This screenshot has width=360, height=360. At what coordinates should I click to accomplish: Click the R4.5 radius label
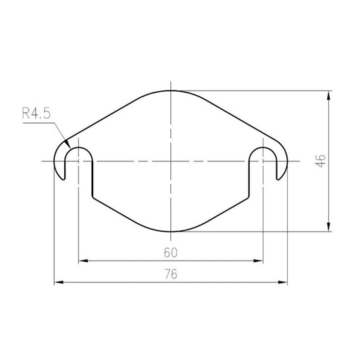pyautogui.click(x=36, y=113)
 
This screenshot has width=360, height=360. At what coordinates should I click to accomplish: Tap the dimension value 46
pyautogui.click(x=320, y=161)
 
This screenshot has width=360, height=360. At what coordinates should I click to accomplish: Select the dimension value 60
pyautogui.click(x=171, y=253)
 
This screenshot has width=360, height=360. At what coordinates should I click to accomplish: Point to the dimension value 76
pyautogui.click(x=171, y=274)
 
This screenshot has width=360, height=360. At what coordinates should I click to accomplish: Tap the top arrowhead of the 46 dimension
pyautogui.click(x=329, y=95)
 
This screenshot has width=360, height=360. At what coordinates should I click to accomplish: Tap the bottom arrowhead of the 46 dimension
pyautogui.click(x=329, y=227)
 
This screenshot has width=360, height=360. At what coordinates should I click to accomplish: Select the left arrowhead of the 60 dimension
pyautogui.click(x=83, y=261)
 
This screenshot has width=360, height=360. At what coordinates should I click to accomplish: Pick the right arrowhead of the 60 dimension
pyautogui.click(x=258, y=261)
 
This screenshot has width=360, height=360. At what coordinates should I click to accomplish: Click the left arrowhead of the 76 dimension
pyautogui.click(x=59, y=282)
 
